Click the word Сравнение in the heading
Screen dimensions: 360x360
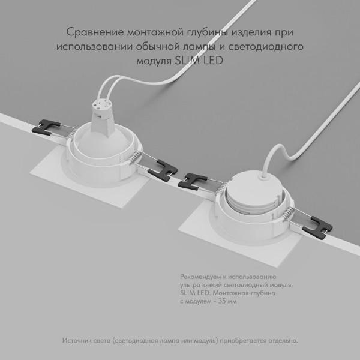click(90, 31)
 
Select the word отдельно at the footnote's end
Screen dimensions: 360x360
click(279, 341)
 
